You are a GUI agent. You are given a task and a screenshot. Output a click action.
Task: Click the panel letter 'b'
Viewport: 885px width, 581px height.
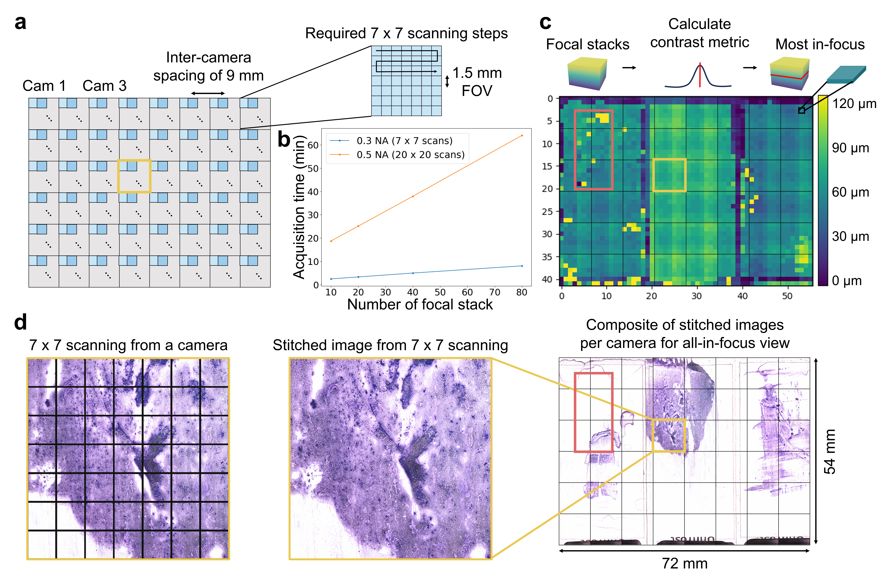tap(284, 140)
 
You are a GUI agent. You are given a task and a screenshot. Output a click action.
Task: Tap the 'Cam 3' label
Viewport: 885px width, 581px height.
tap(104, 86)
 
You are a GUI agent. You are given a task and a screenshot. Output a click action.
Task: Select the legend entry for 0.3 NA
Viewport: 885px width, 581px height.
tap(404, 141)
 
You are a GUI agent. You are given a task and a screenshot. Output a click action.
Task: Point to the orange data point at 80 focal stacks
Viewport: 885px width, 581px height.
tap(522, 136)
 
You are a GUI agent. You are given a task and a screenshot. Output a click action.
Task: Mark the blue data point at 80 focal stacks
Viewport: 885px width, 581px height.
tap(522, 266)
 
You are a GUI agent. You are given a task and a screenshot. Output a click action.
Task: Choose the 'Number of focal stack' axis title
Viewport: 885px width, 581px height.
tap(420, 305)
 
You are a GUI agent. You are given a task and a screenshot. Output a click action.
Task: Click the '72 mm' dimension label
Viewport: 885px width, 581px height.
tap(685, 564)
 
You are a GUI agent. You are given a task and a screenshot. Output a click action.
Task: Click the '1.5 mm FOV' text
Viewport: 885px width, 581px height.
tap(477, 82)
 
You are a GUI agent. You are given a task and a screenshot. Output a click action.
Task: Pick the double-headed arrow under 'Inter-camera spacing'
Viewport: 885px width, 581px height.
tap(208, 93)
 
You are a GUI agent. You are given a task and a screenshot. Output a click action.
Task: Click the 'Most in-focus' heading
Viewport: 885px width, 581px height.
tap(820, 45)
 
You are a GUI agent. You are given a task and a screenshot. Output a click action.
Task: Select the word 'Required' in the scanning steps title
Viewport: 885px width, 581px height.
tap(335, 33)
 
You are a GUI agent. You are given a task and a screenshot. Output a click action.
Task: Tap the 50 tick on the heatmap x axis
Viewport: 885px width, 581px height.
tap(787, 296)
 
